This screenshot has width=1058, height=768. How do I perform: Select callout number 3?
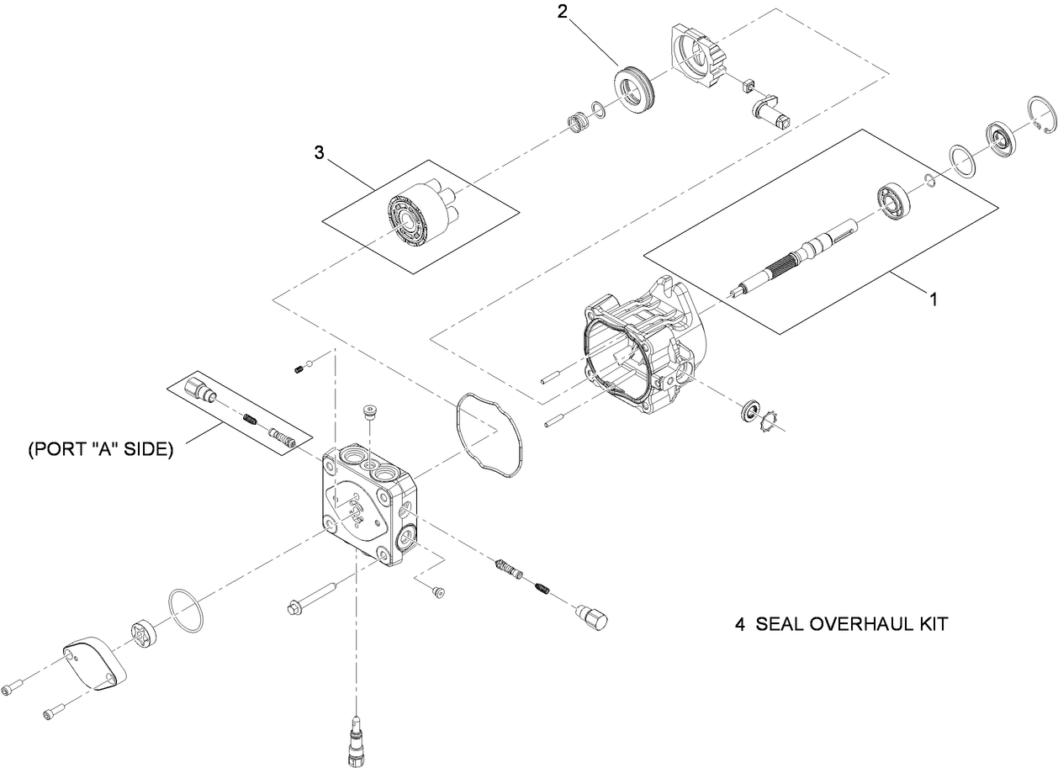(x=319, y=152)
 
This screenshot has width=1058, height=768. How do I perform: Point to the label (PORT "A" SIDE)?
(x=101, y=450)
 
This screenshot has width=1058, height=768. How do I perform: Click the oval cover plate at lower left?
(x=94, y=665)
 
